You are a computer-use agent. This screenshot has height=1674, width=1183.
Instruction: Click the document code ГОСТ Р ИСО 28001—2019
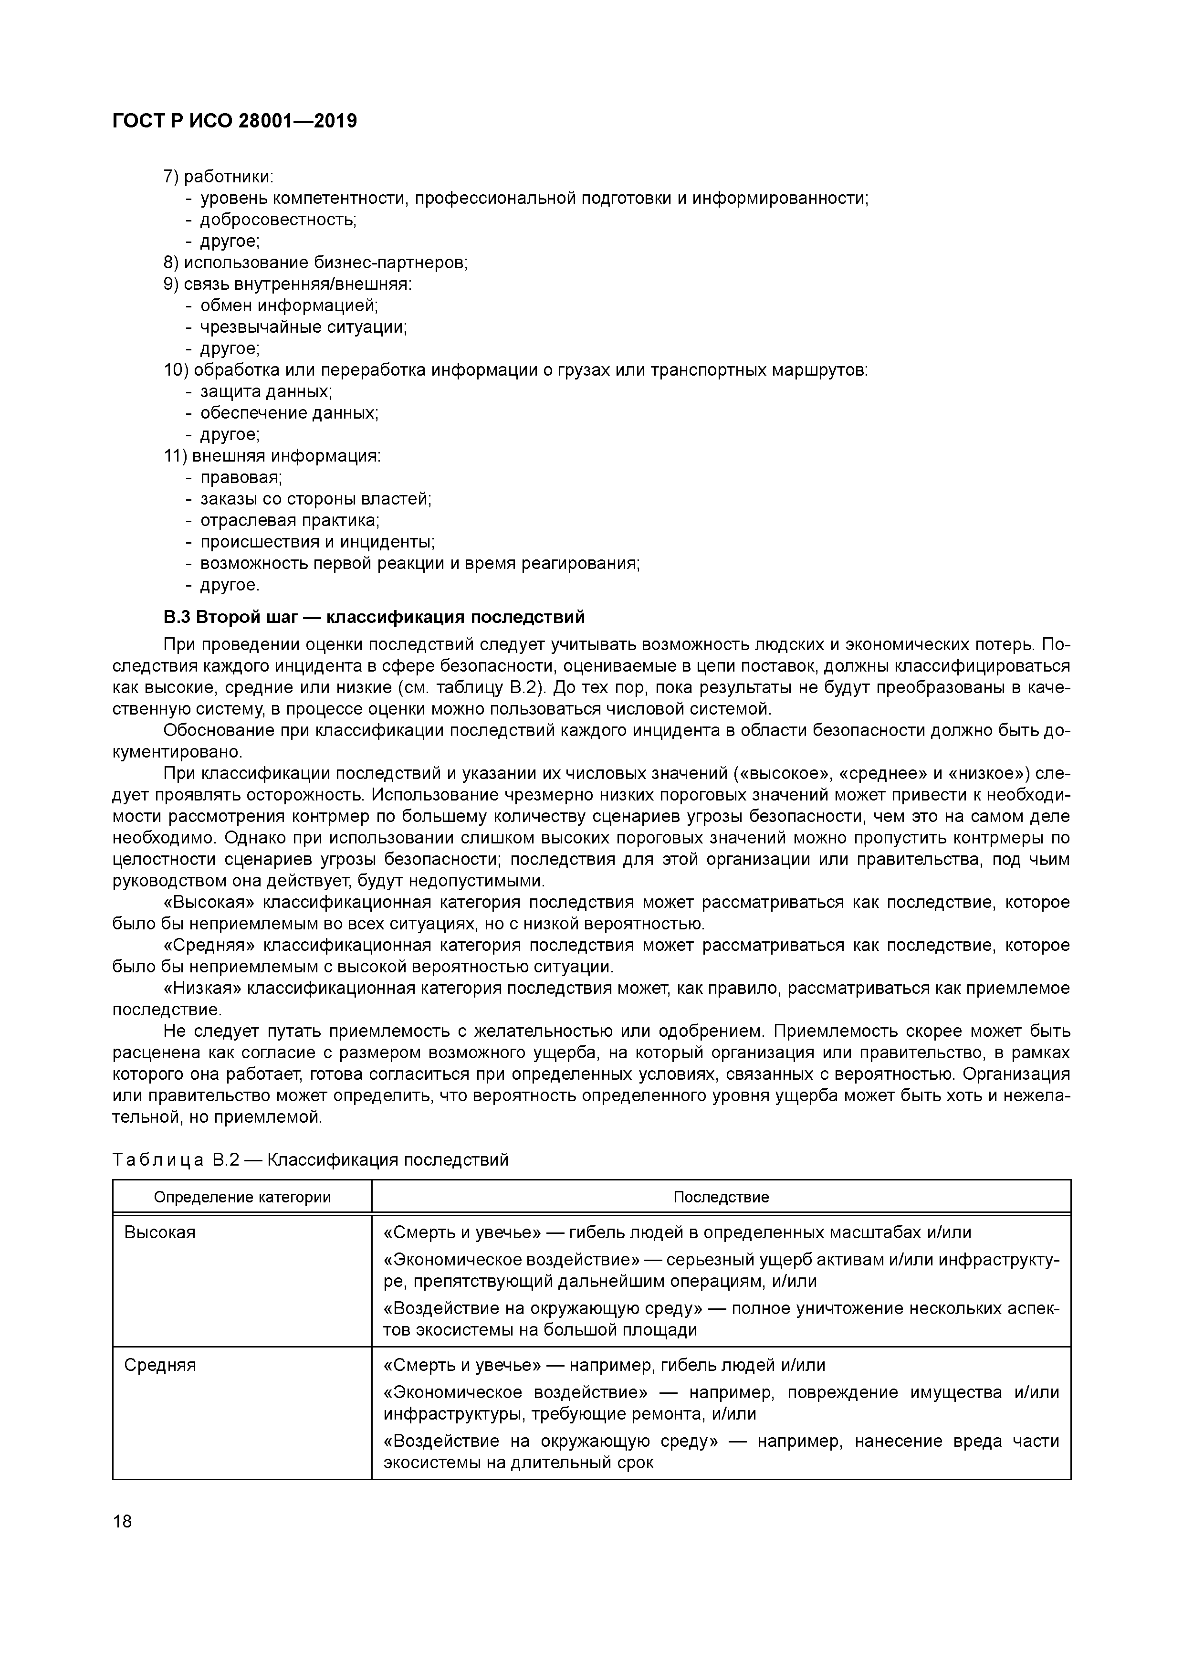click(x=235, y=121)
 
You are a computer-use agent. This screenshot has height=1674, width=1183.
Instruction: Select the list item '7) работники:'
click(x=218, y=177)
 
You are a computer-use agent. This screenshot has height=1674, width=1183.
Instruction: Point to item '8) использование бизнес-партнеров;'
click(x=315, y=263)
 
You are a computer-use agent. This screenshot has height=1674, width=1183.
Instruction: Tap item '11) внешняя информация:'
click(x=272, y=456)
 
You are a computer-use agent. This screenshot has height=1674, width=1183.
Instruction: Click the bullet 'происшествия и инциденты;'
click(x=317, y=542)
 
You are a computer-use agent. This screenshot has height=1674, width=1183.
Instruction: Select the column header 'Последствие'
click(x=721, y=1197)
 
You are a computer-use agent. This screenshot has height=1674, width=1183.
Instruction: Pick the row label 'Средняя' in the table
click(x=160, y=1365)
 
